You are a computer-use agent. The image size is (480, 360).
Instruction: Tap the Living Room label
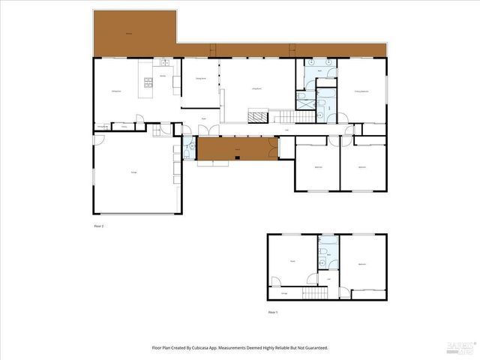click(x=256, y=88)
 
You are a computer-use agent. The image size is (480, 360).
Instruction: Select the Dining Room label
click(x=201, y=79)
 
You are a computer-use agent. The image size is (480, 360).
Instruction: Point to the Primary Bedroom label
click(x=361, y=91)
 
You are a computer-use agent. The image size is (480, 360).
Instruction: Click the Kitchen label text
click(x=163, y=76)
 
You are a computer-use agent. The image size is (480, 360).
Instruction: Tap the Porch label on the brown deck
click(x=237, y=150)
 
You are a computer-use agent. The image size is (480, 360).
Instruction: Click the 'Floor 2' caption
click(x=98, y=225)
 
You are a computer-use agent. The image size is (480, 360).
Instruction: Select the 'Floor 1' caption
click(x=273, y=311)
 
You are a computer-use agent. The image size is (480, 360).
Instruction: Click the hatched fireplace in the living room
click(x=258, y=116)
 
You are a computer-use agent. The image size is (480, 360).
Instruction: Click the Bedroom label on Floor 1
click(x=361, y=263)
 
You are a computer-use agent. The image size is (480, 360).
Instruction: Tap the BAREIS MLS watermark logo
click(x=460, y=346)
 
